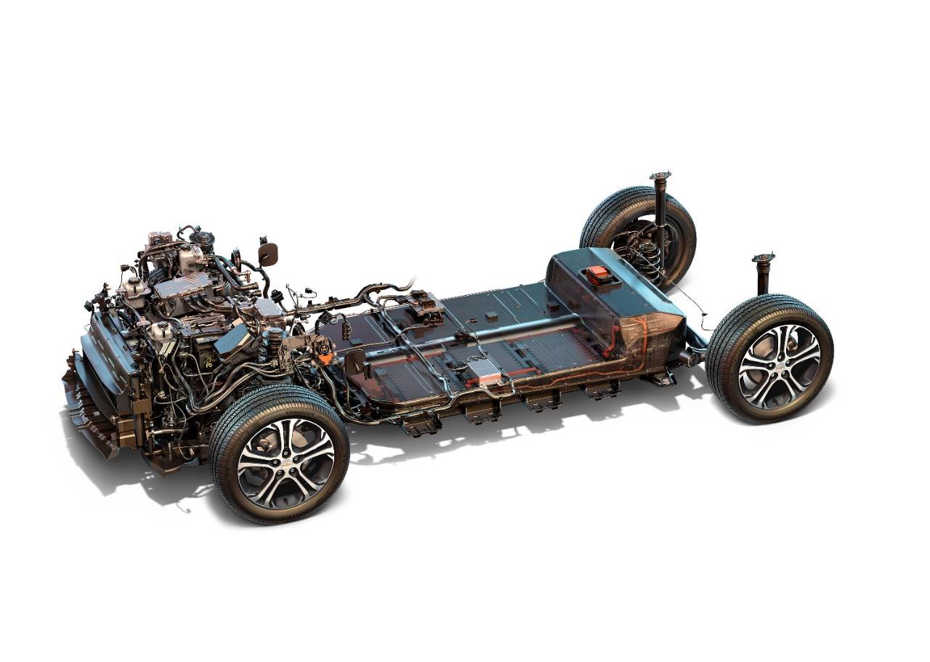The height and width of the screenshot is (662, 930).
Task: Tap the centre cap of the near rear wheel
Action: point(779,356)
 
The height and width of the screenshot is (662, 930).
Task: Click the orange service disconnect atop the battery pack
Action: point(598,275)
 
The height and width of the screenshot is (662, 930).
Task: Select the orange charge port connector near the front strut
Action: point(325,358)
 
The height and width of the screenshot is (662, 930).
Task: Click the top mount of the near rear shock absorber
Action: point(763,259)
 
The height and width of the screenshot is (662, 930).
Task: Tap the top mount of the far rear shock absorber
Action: point(660,177)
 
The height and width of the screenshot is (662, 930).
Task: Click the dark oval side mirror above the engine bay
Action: point(267,254)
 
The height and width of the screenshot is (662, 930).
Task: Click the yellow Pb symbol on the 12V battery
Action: point(209,361)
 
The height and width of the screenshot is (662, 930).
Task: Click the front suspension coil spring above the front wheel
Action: point(275,347)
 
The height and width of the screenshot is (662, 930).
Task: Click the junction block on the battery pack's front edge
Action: point(424,306)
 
